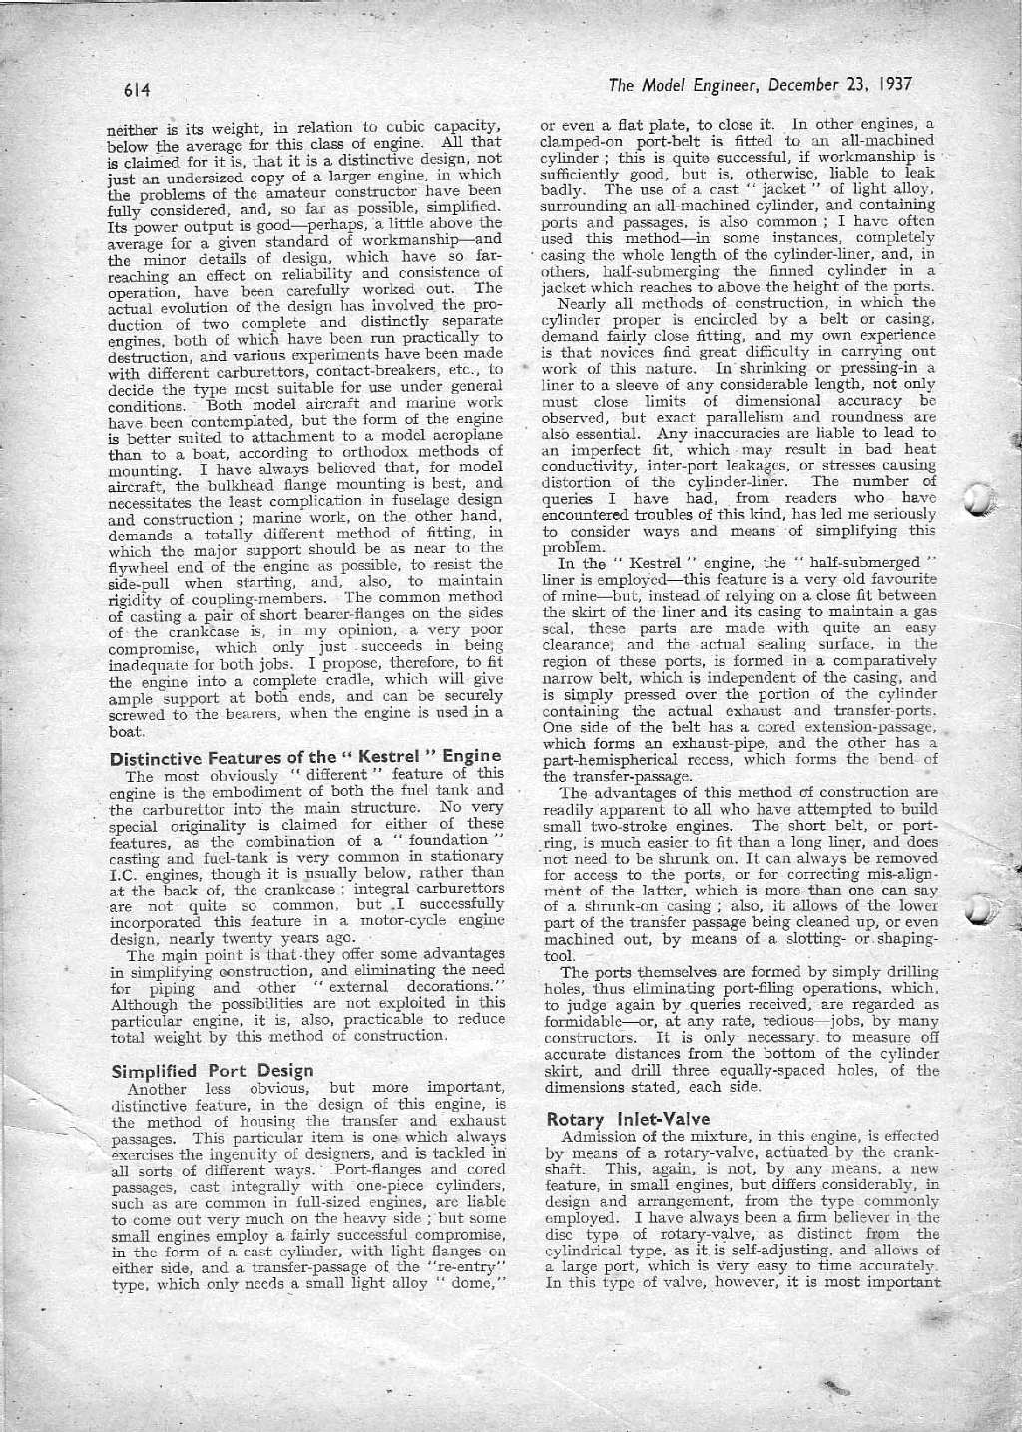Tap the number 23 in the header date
[x=854, y=84]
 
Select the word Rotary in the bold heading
[x=572, y=1119]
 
